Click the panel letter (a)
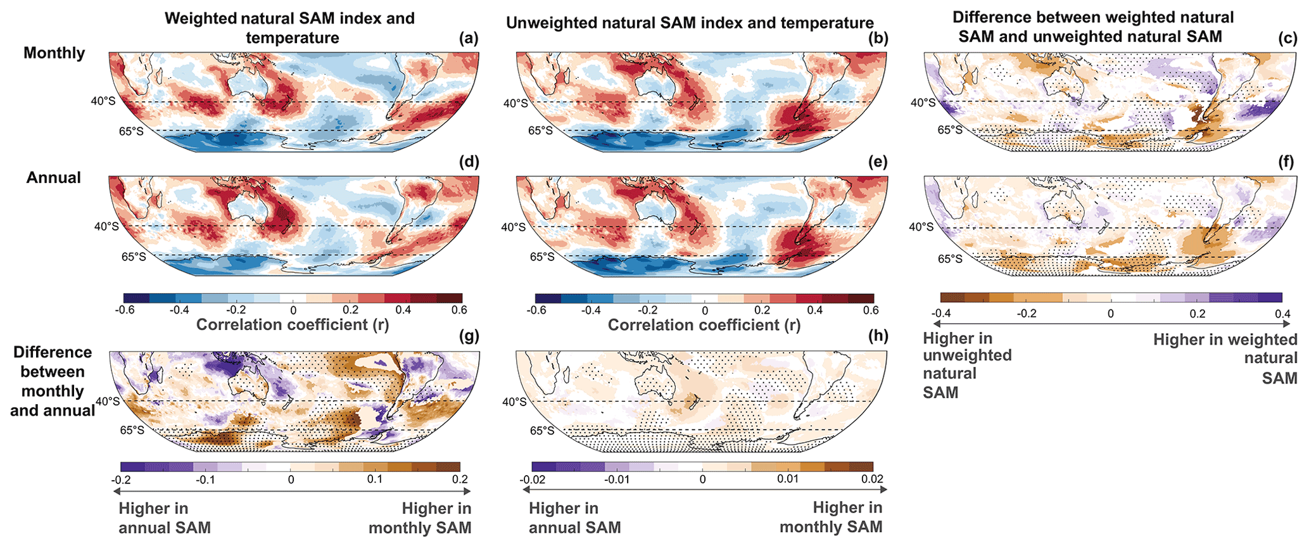click(x=469, y=39)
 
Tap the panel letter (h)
click(x=878, y=336)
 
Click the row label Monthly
click(x=54, y=53)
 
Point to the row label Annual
click(x=53, y=177)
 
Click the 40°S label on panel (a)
click(x=103, y=100)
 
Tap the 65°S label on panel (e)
click(x=541, y=257)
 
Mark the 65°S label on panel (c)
click(x=950, y=130)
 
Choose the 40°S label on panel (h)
click(x=514, y=402)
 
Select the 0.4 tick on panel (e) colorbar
click(x=814, y=310)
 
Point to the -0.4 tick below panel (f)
click(x=941, y=314)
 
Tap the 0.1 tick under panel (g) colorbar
click(x=375, y=480)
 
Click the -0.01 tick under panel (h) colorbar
click(x=616, y=480)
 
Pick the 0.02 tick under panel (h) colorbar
click(x=872, y=480)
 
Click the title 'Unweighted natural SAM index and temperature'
click(x=690, y=23)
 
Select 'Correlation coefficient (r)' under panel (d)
click(x=293, y=325)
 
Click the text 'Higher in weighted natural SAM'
click(x=1225, y=359)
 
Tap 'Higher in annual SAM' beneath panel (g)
click(x=165, y=518)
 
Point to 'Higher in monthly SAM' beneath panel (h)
click(x=831, y=517)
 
